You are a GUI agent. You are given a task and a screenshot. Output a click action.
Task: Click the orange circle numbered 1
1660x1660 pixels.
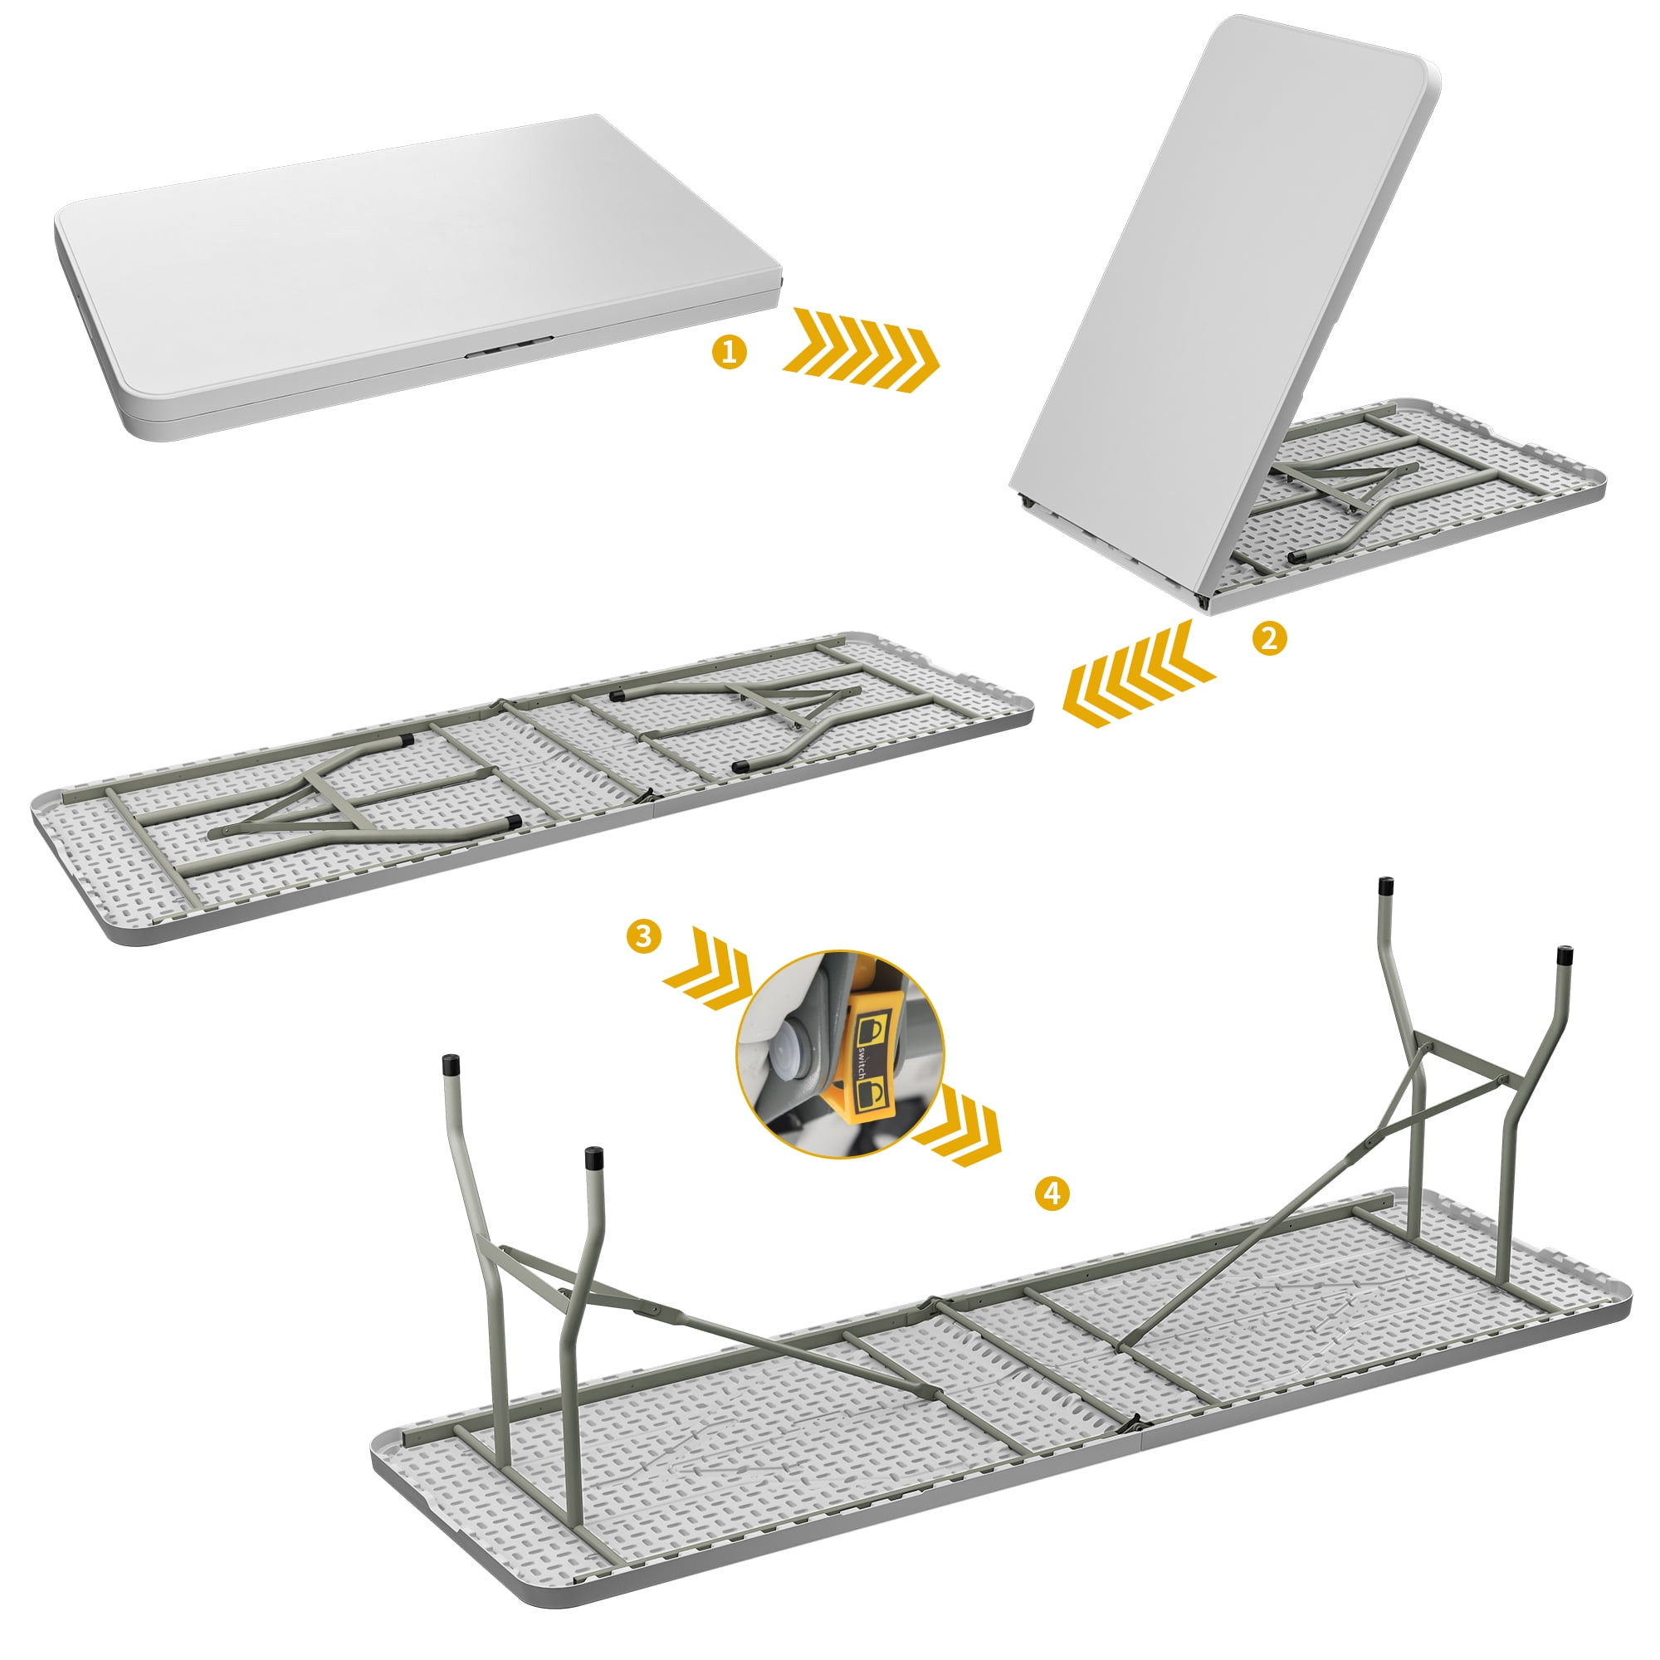click(x=730, y=352)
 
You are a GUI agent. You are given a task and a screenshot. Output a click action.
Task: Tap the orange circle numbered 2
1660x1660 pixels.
click(x=1270, y=638)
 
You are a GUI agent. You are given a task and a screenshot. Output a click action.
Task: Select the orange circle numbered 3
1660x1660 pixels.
click(x=644, y=935)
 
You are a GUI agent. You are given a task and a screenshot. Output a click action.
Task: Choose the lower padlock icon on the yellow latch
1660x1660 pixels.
click(x=873, y=1094)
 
